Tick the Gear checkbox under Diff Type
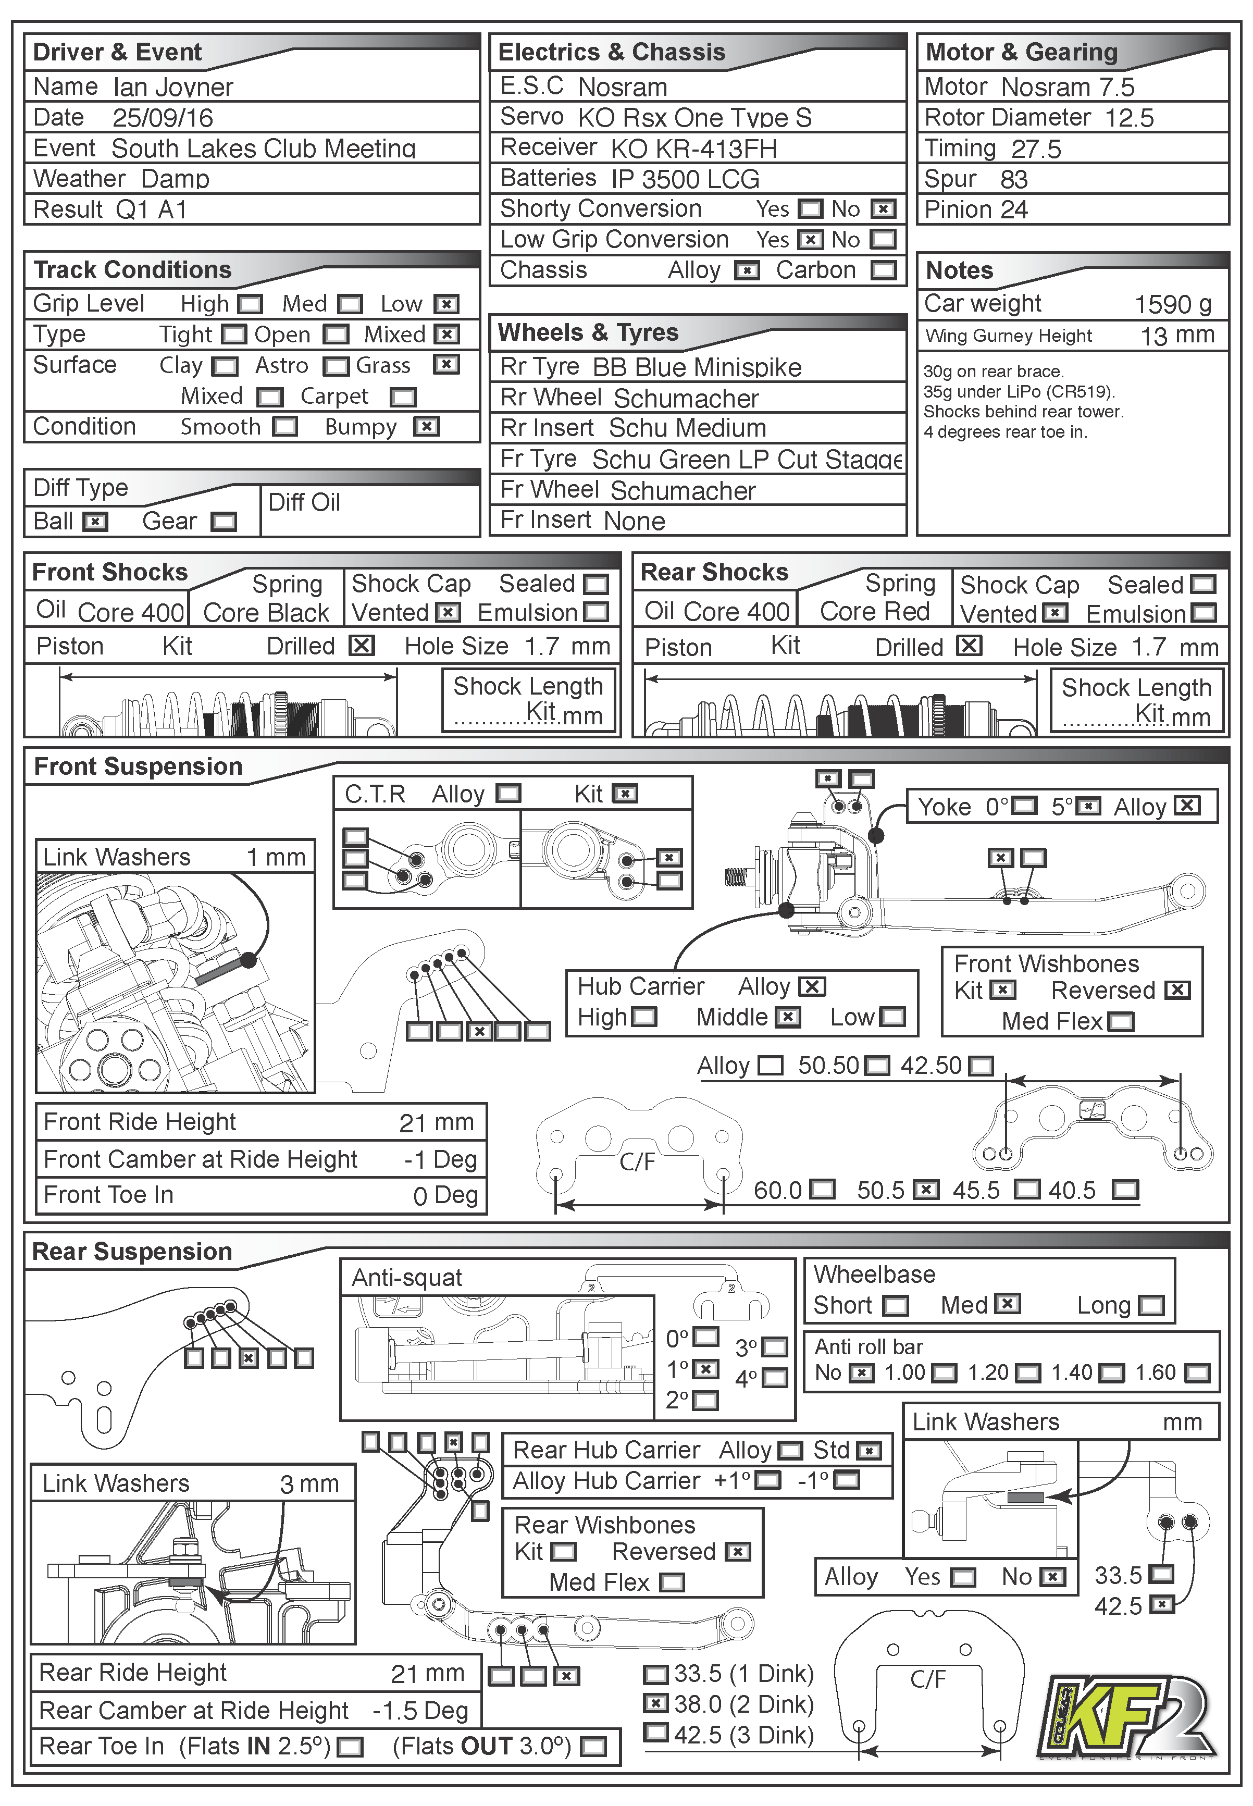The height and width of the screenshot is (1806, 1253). (x=224, y=522)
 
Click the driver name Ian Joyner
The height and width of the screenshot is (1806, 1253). (x=173, y=87)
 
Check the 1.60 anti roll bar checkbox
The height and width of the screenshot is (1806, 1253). (x=1197, y=1374)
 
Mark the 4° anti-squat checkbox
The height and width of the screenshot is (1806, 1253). (x=775, y=1378)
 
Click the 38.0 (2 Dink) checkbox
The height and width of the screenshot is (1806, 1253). (x=655, y=1703)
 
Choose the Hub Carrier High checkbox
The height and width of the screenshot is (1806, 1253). (x=644, y=1018)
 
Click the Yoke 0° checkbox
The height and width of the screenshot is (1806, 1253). (x=1024, y=807)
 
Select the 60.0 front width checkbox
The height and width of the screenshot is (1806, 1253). (x=822, y=1190)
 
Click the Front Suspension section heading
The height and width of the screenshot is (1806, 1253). (x=138, y=766)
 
